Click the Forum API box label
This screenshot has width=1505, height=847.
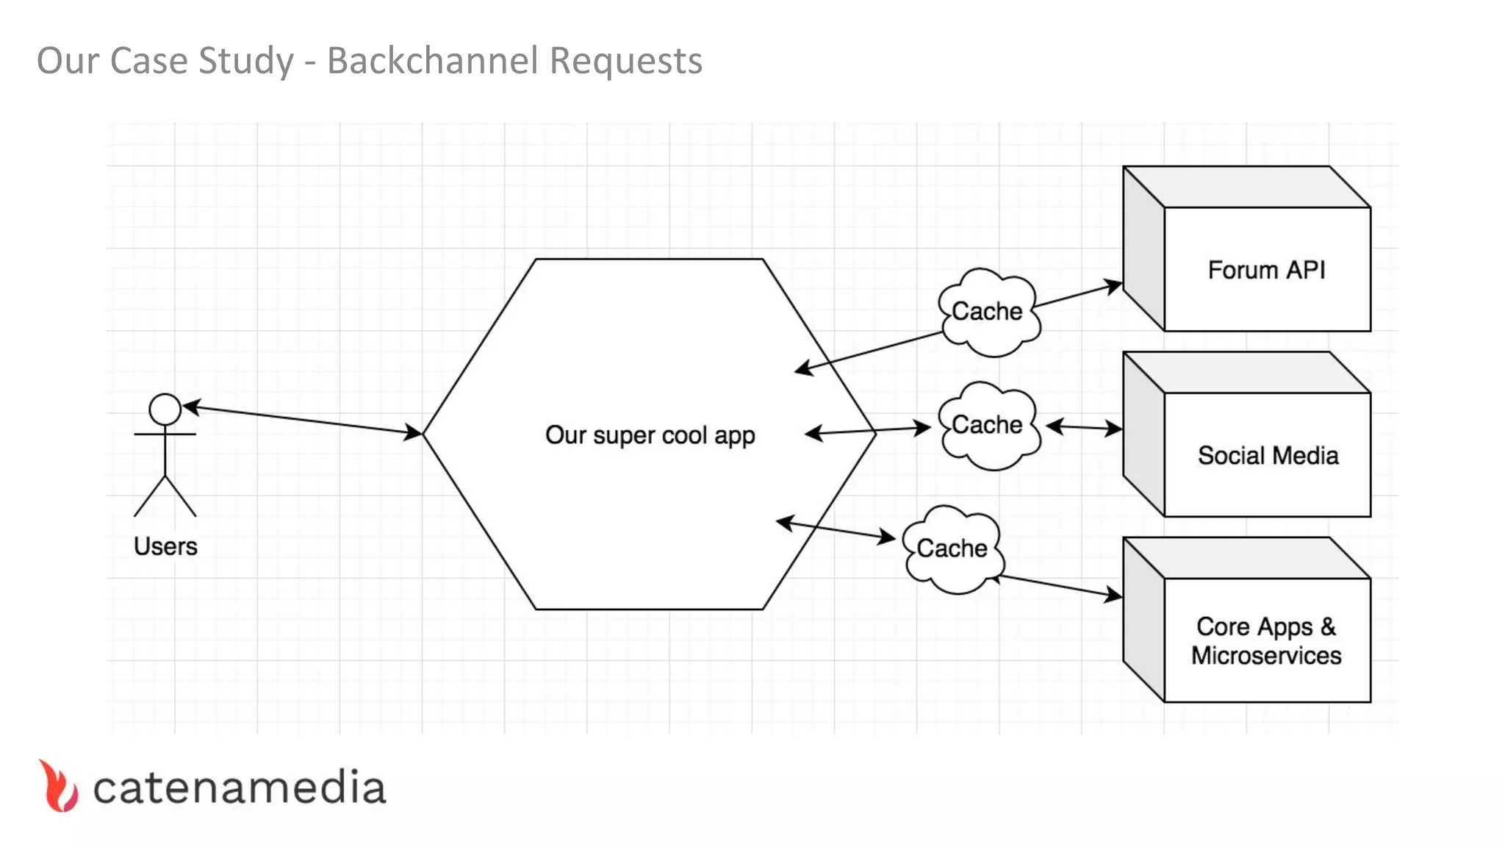point(1266,270)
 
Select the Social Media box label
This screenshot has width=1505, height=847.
point(1268,456)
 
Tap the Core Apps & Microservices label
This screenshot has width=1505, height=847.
point(1266,640)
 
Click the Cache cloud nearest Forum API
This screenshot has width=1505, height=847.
point(988,312)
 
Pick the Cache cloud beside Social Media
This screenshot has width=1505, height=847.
point(988,425)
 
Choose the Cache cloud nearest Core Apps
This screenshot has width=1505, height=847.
point(952,548)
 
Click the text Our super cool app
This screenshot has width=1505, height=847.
point(650,435)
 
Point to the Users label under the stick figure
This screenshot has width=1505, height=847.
point(165,546)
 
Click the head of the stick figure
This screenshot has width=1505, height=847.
point(165,409)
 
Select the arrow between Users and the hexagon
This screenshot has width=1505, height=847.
point(301,420)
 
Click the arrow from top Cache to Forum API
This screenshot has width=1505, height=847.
point(1077,295)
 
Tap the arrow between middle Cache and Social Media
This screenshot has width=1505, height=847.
point(1084,427)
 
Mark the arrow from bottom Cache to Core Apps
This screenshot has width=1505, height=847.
point(1058,586)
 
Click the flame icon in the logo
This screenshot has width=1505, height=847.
point(58,786)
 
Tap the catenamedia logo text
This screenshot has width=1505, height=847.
point(240,788)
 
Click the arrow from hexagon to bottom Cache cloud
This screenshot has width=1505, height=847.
point(836,530)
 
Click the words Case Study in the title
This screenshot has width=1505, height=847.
point(201,61)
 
